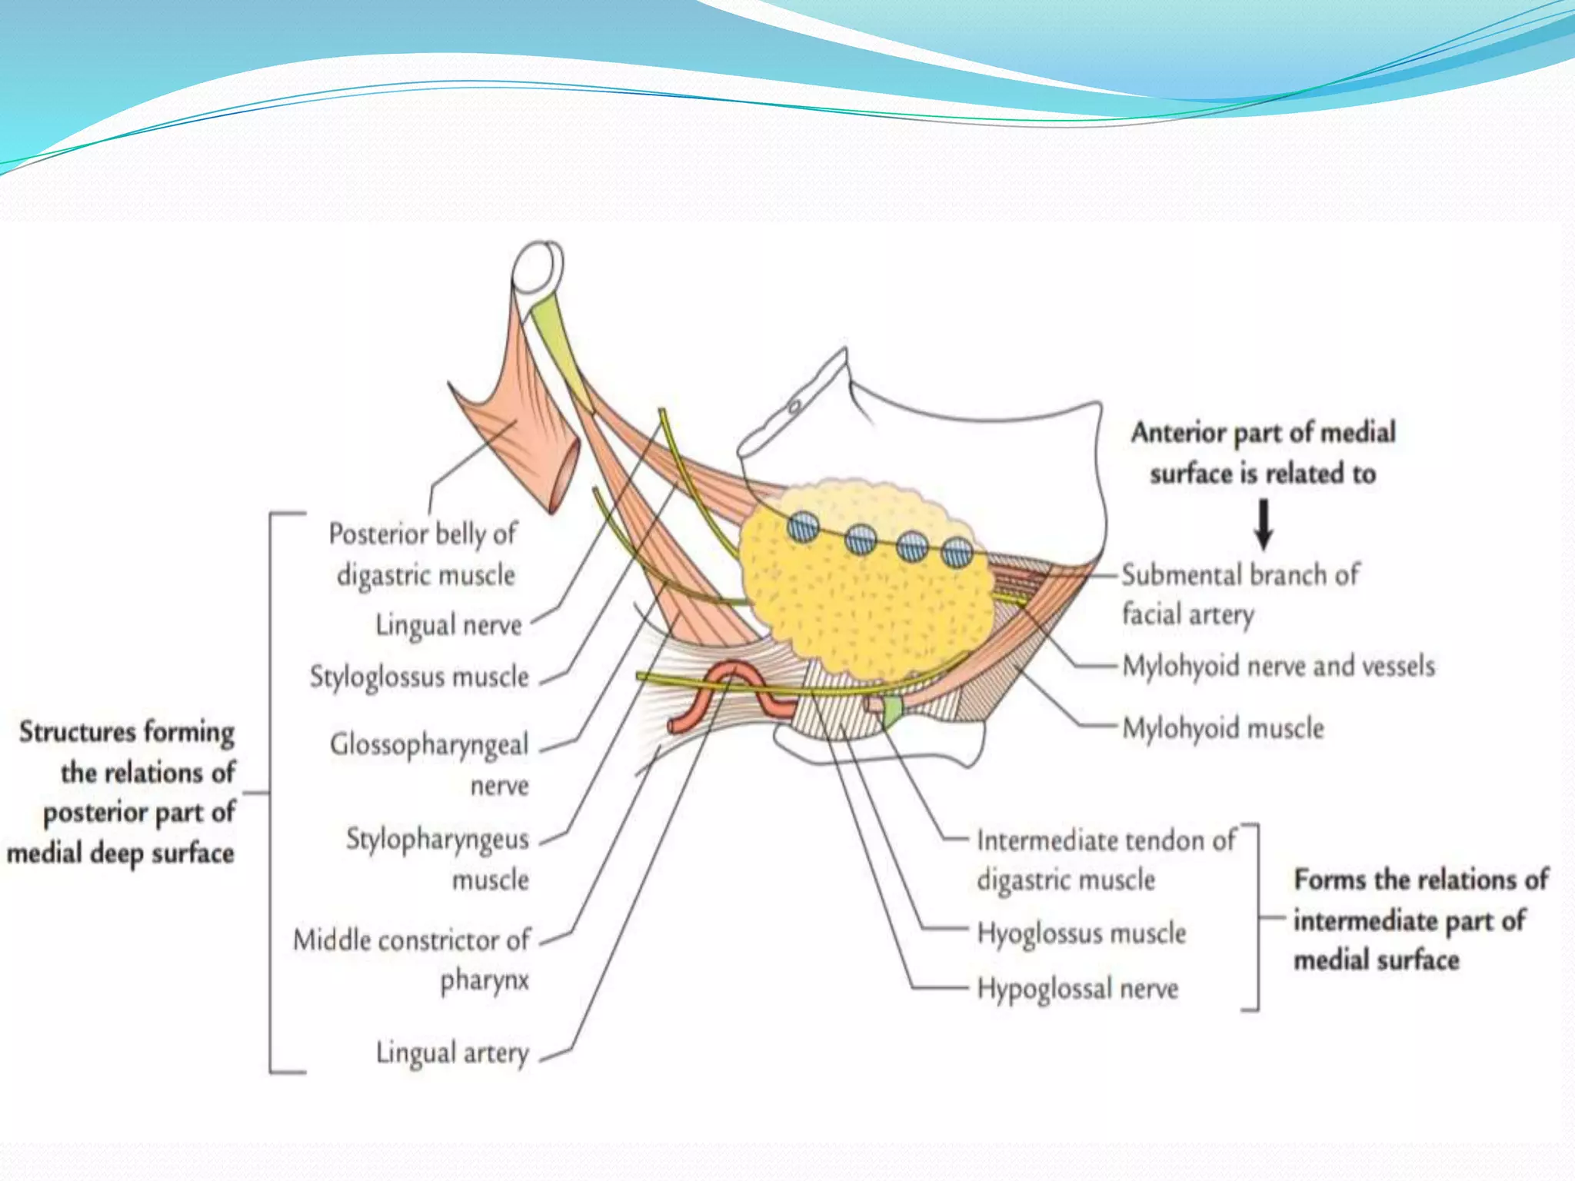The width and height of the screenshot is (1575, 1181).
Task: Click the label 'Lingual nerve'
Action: pos(448,625)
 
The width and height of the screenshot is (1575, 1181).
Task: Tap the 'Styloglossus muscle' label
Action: pos(419,677)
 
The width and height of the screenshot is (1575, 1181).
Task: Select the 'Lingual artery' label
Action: pos(452,1053)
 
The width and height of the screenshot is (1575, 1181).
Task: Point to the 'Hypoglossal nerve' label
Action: pos(1077,989)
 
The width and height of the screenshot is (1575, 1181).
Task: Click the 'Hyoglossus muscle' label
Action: pos(1081,933)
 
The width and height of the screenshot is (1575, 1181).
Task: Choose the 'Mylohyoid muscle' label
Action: pos(1223,727)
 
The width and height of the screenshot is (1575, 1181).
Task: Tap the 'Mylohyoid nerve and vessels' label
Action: pos(1278,666)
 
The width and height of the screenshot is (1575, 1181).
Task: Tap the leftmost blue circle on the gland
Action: pos(803,528)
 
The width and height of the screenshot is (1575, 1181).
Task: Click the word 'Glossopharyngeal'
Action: pos(429,744)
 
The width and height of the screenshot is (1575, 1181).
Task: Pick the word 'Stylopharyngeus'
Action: pos(437,839)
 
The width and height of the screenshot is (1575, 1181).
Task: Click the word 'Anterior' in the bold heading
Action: pos(1179,432)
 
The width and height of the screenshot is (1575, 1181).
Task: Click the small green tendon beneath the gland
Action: pos(891,711)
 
